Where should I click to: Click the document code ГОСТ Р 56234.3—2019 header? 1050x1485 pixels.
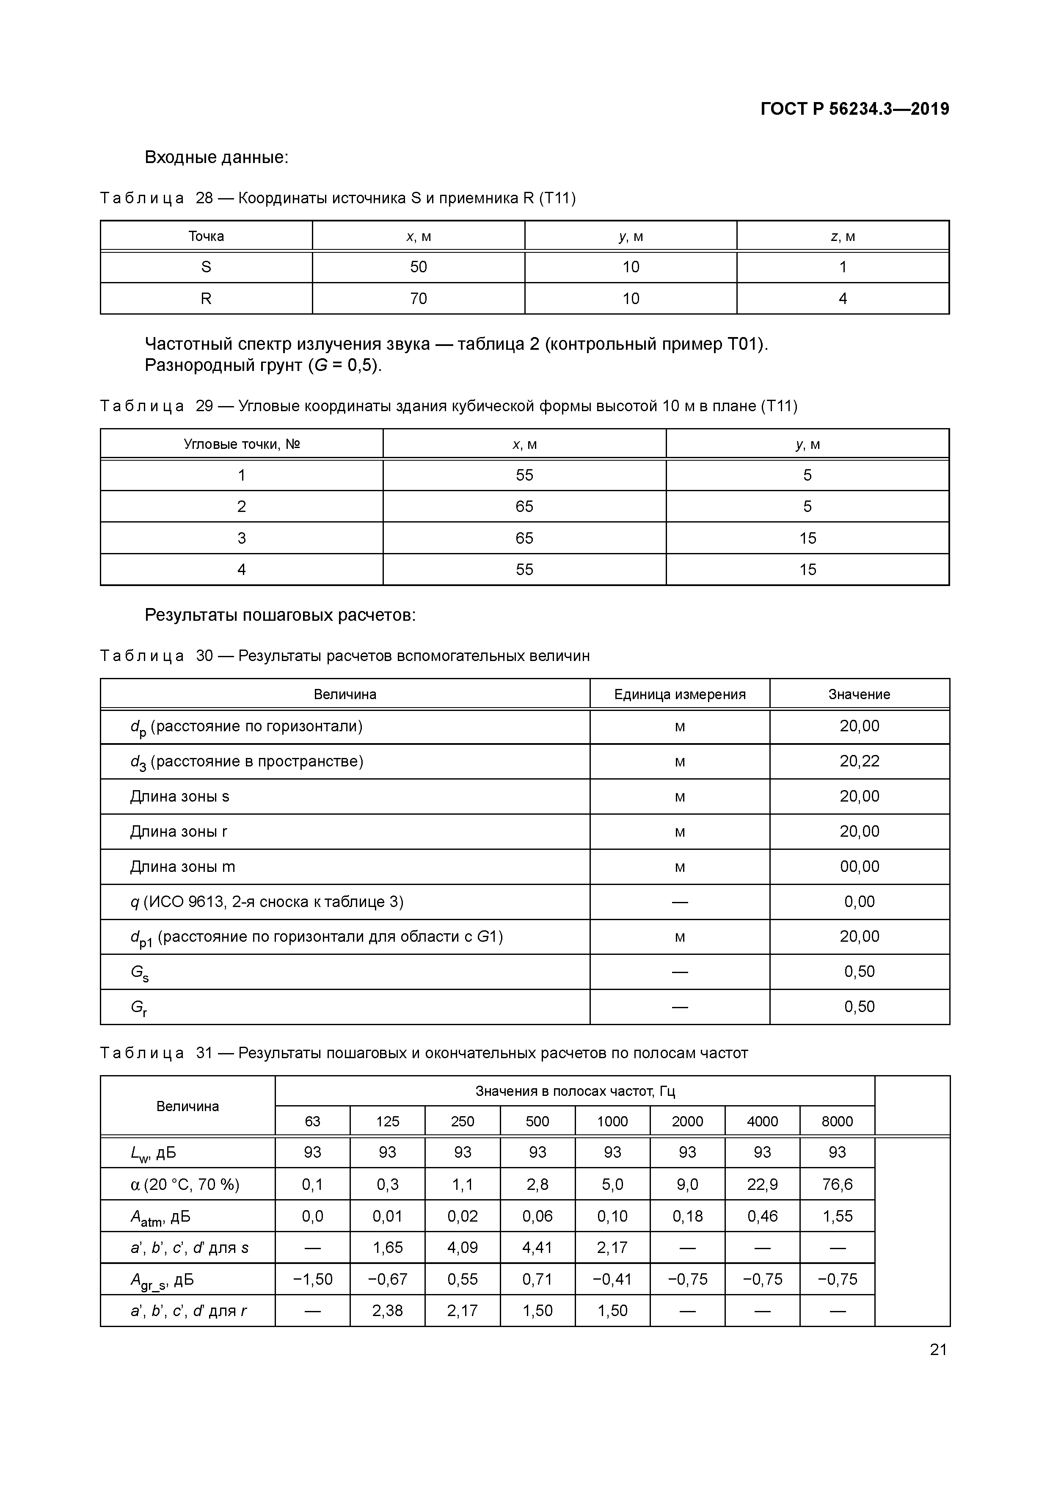click(x=854, y=109)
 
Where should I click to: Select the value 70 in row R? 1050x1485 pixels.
click(x=418, y=298)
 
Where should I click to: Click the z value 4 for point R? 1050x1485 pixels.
click(x=843, y=298)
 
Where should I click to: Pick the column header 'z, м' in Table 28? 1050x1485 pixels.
click(x=843, y=237)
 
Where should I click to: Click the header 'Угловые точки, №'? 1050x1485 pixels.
click(x=242, y=444)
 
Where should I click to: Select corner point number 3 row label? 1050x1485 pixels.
click(x=242, y=538)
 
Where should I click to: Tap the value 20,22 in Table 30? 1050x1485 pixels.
click(x=859, y=761)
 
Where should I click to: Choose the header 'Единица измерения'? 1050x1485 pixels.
click(x=680, y=694)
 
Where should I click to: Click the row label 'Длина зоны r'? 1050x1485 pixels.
click(x=179, y=832)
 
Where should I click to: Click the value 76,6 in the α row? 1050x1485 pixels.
click(x=837, y=1184)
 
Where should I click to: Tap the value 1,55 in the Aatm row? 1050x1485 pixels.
click(x=837, y=1216)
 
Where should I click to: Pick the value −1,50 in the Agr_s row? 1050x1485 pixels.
click(x=312, y=1279)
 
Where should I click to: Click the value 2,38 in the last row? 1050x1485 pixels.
click(x=387, y=1311)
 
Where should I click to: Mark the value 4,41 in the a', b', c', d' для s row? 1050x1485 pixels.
click(x=537, y=1247)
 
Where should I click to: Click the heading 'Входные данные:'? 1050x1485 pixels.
click(x=216, y=157)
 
